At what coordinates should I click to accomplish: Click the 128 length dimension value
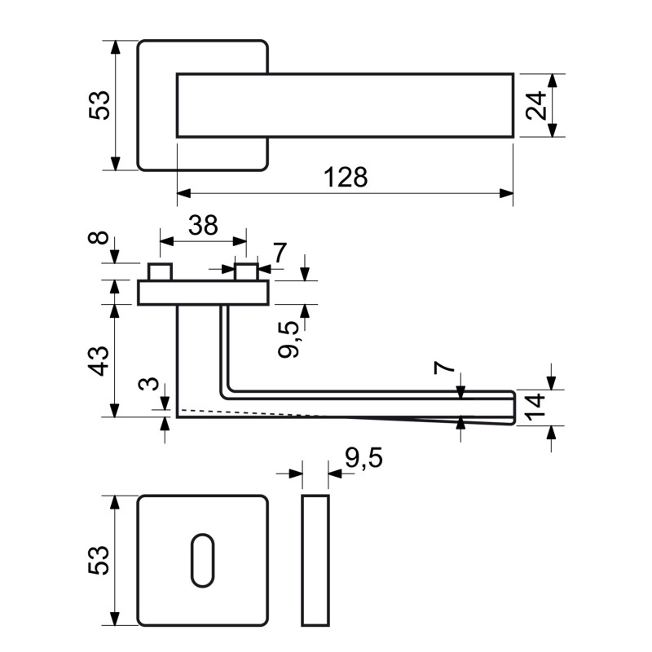346,177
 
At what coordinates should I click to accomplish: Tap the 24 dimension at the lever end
535,106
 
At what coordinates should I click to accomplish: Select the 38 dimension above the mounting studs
202,225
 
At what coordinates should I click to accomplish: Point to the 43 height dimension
98,359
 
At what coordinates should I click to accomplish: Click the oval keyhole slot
201,560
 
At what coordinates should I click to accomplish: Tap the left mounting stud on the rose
160,272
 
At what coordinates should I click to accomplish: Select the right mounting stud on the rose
246,272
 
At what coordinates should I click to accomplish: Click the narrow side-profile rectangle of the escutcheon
315,560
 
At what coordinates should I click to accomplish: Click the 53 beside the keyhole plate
98,560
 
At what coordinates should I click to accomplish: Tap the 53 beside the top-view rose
98,105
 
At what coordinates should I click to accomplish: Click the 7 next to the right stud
280,253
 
